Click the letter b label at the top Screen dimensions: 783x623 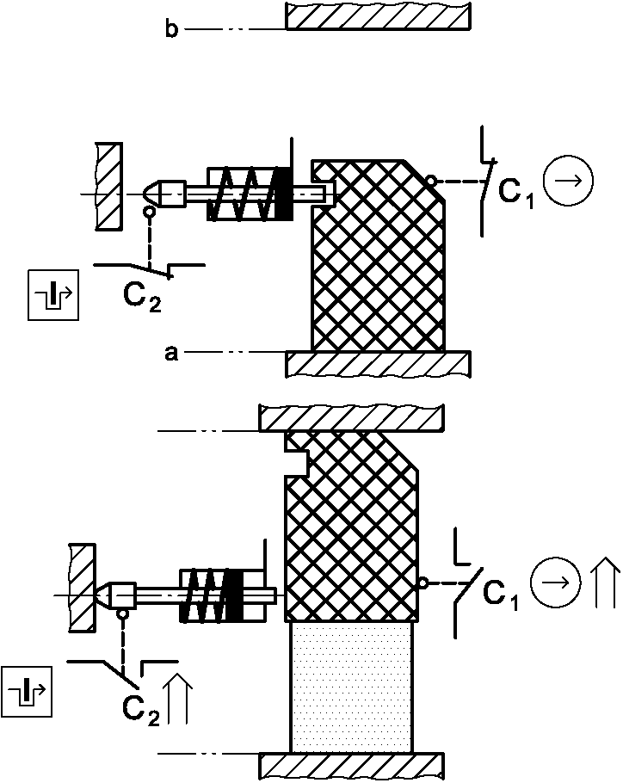pyautogui.click(x=171, y=30)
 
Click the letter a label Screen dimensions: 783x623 pyautogui.click(x=171, y=352)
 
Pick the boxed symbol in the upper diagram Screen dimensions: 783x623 pyautogui.click(x=53, y=294)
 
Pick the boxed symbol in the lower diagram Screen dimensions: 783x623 pyautogui.click(x=28, y=690)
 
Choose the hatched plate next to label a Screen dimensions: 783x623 pyautogui.click(x=378, y=363)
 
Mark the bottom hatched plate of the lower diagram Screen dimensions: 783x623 pyautogui.click(x=352, y=765)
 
